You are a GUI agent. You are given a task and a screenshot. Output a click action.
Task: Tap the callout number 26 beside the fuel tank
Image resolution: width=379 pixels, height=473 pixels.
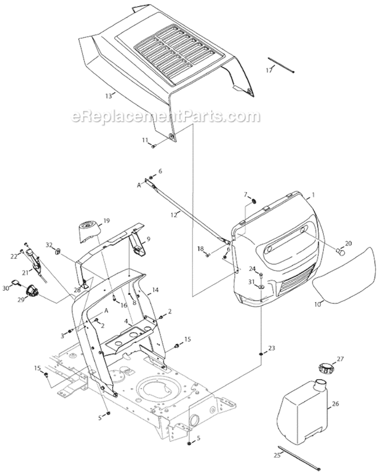(336, 404)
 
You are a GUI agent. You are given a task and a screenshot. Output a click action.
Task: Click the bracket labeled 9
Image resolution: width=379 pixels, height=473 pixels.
(138, 244)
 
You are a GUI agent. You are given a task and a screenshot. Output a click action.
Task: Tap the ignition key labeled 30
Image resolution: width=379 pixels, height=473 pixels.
(24, 283)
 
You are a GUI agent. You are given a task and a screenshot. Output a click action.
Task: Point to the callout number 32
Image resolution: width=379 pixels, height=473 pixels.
(49, 244)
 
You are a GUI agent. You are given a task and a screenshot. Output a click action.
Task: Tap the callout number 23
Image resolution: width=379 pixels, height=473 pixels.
(272, 348)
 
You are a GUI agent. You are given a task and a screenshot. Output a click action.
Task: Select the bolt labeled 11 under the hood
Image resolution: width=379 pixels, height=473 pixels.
(153, 146)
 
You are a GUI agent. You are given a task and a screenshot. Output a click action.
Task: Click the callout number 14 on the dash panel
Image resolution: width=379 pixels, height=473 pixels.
(155, 290)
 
